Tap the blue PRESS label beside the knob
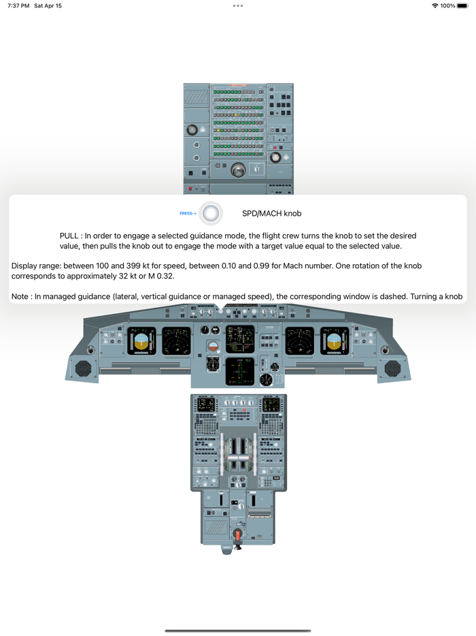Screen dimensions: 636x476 click(x=188, y=214)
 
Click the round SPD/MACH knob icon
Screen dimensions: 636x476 click(x=211, y=214)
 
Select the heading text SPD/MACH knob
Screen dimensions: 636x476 click(x=271, y=214)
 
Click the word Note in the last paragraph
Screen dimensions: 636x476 click(x=21, y=296)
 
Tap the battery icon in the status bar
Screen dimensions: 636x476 click(x=463, y=5)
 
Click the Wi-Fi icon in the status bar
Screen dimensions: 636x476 click(x=435, y=5)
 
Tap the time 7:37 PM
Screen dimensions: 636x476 click(x=18, y=5)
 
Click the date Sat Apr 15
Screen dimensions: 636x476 click(x=49, y=5)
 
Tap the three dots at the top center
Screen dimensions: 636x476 click(x=237, y=5)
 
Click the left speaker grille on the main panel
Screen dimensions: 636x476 click(x=83, y=368)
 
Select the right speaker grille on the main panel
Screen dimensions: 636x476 click(x=392, y=368)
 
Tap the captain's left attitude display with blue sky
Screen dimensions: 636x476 click(x=141, y=341)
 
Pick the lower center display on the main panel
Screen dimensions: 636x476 click(x=239, y=370)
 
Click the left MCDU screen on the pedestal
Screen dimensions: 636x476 click(x=206, y=404)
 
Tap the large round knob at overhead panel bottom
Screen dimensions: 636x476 click(x=238, y=171)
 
